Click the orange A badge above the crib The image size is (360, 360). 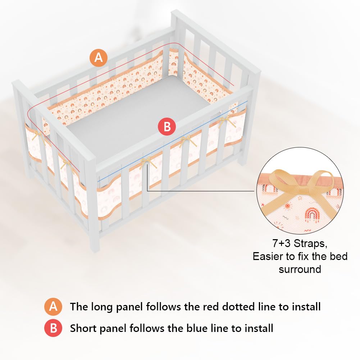99,58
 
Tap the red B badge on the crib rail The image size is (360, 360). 167,127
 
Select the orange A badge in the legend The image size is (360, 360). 53,307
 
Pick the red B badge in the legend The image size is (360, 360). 53,328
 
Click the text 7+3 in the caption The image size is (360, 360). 282,243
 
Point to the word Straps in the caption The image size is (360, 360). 310,243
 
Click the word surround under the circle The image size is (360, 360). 300,269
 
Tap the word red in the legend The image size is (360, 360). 210,307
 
